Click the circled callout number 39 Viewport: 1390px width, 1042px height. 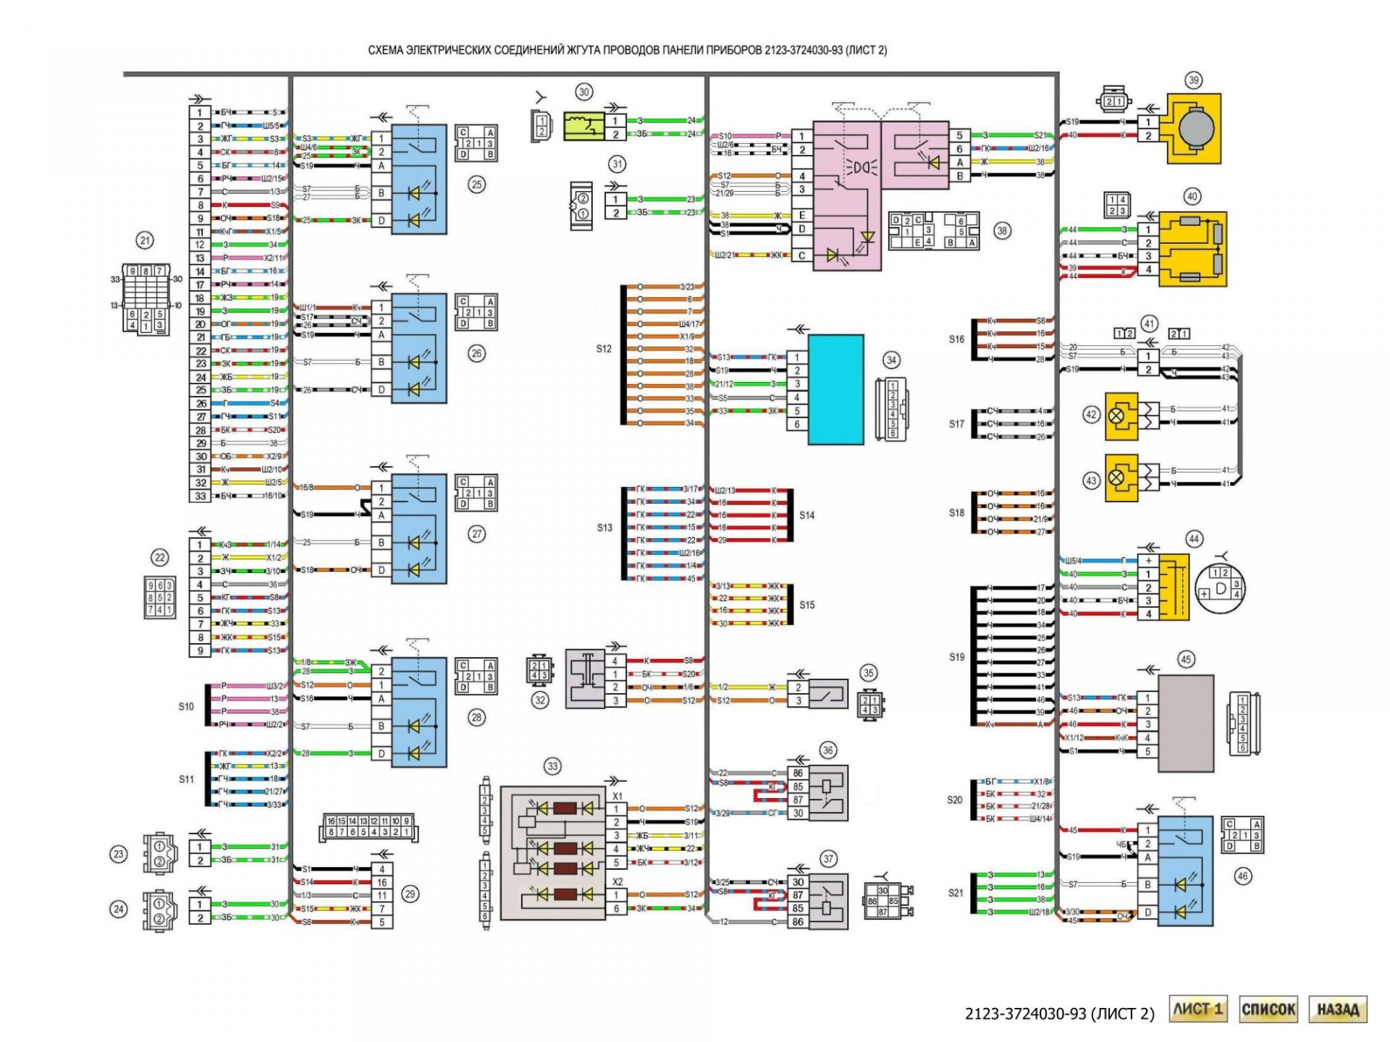click(x=1193, y=80)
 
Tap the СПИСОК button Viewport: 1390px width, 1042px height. click(x=1268, y=1009)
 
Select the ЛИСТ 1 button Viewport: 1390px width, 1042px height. click(x=1198, y=1009)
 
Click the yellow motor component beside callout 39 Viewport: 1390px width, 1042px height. click(x=1194, y=128)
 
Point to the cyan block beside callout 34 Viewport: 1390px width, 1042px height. click(x=835, y=389)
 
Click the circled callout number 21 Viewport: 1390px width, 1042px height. click(x=146, y=240)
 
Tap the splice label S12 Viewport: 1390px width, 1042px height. click(x=604, y=349)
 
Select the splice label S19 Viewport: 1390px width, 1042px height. click(x=956, y=657)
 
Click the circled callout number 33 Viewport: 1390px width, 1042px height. click(x=552, y=766)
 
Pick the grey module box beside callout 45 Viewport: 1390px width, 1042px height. click(x=1186, y=724)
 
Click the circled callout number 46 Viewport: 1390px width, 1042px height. click(x=1243, y=876)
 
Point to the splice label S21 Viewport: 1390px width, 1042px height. click(x=956, y=893)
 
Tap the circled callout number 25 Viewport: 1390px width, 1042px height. click(x=476, y=185)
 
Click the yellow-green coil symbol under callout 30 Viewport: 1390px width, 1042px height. click(x=584, y=127)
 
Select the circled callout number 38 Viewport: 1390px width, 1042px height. click(x=1002, y=232)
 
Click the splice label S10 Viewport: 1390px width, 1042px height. click(x=186, y=706)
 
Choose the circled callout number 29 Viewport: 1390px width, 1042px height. click(x=410, y=894)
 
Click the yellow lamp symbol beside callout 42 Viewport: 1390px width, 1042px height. click(x=1121, y=416)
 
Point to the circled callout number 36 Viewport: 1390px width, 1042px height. click(x=828, y=750)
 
